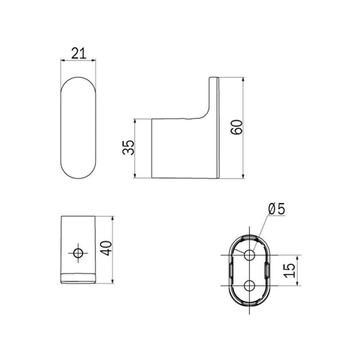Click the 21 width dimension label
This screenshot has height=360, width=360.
tap(79, 53)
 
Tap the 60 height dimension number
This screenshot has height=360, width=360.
tap(236, 127)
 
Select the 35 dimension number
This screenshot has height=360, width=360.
tap(128, 147)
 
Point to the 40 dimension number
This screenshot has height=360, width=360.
tap(106, 248)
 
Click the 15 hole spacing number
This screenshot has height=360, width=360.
tap(289, 270)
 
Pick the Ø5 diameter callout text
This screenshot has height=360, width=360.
tap(276, 209)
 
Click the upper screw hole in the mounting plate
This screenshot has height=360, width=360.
tap(249, 255)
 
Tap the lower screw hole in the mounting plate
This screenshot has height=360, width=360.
tap(249, 285)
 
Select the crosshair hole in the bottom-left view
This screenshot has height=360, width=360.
tap(78, 253)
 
